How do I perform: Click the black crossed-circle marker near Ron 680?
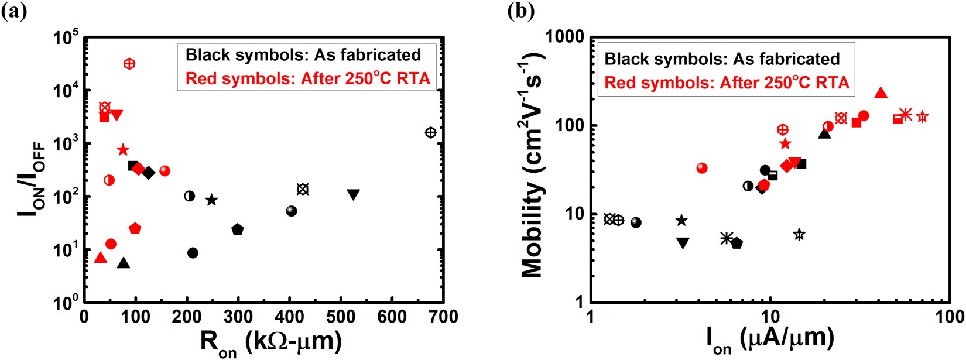[430, 133]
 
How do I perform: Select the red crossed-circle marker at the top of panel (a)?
[129, 64]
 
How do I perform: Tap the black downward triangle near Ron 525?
[353, 194]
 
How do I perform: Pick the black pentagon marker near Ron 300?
[237, 229]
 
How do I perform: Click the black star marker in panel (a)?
[211, 200]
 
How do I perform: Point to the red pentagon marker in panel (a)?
[135, 228]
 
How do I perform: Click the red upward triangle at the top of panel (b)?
[881, 93]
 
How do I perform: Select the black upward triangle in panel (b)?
[824, 134]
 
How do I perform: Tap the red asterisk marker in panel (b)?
[906, 114]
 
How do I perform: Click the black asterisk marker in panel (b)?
[726, 238]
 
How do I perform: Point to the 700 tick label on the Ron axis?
[443, 317]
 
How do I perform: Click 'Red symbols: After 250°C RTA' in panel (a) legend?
[308, 78]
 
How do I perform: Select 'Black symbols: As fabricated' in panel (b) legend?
[722, 59]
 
